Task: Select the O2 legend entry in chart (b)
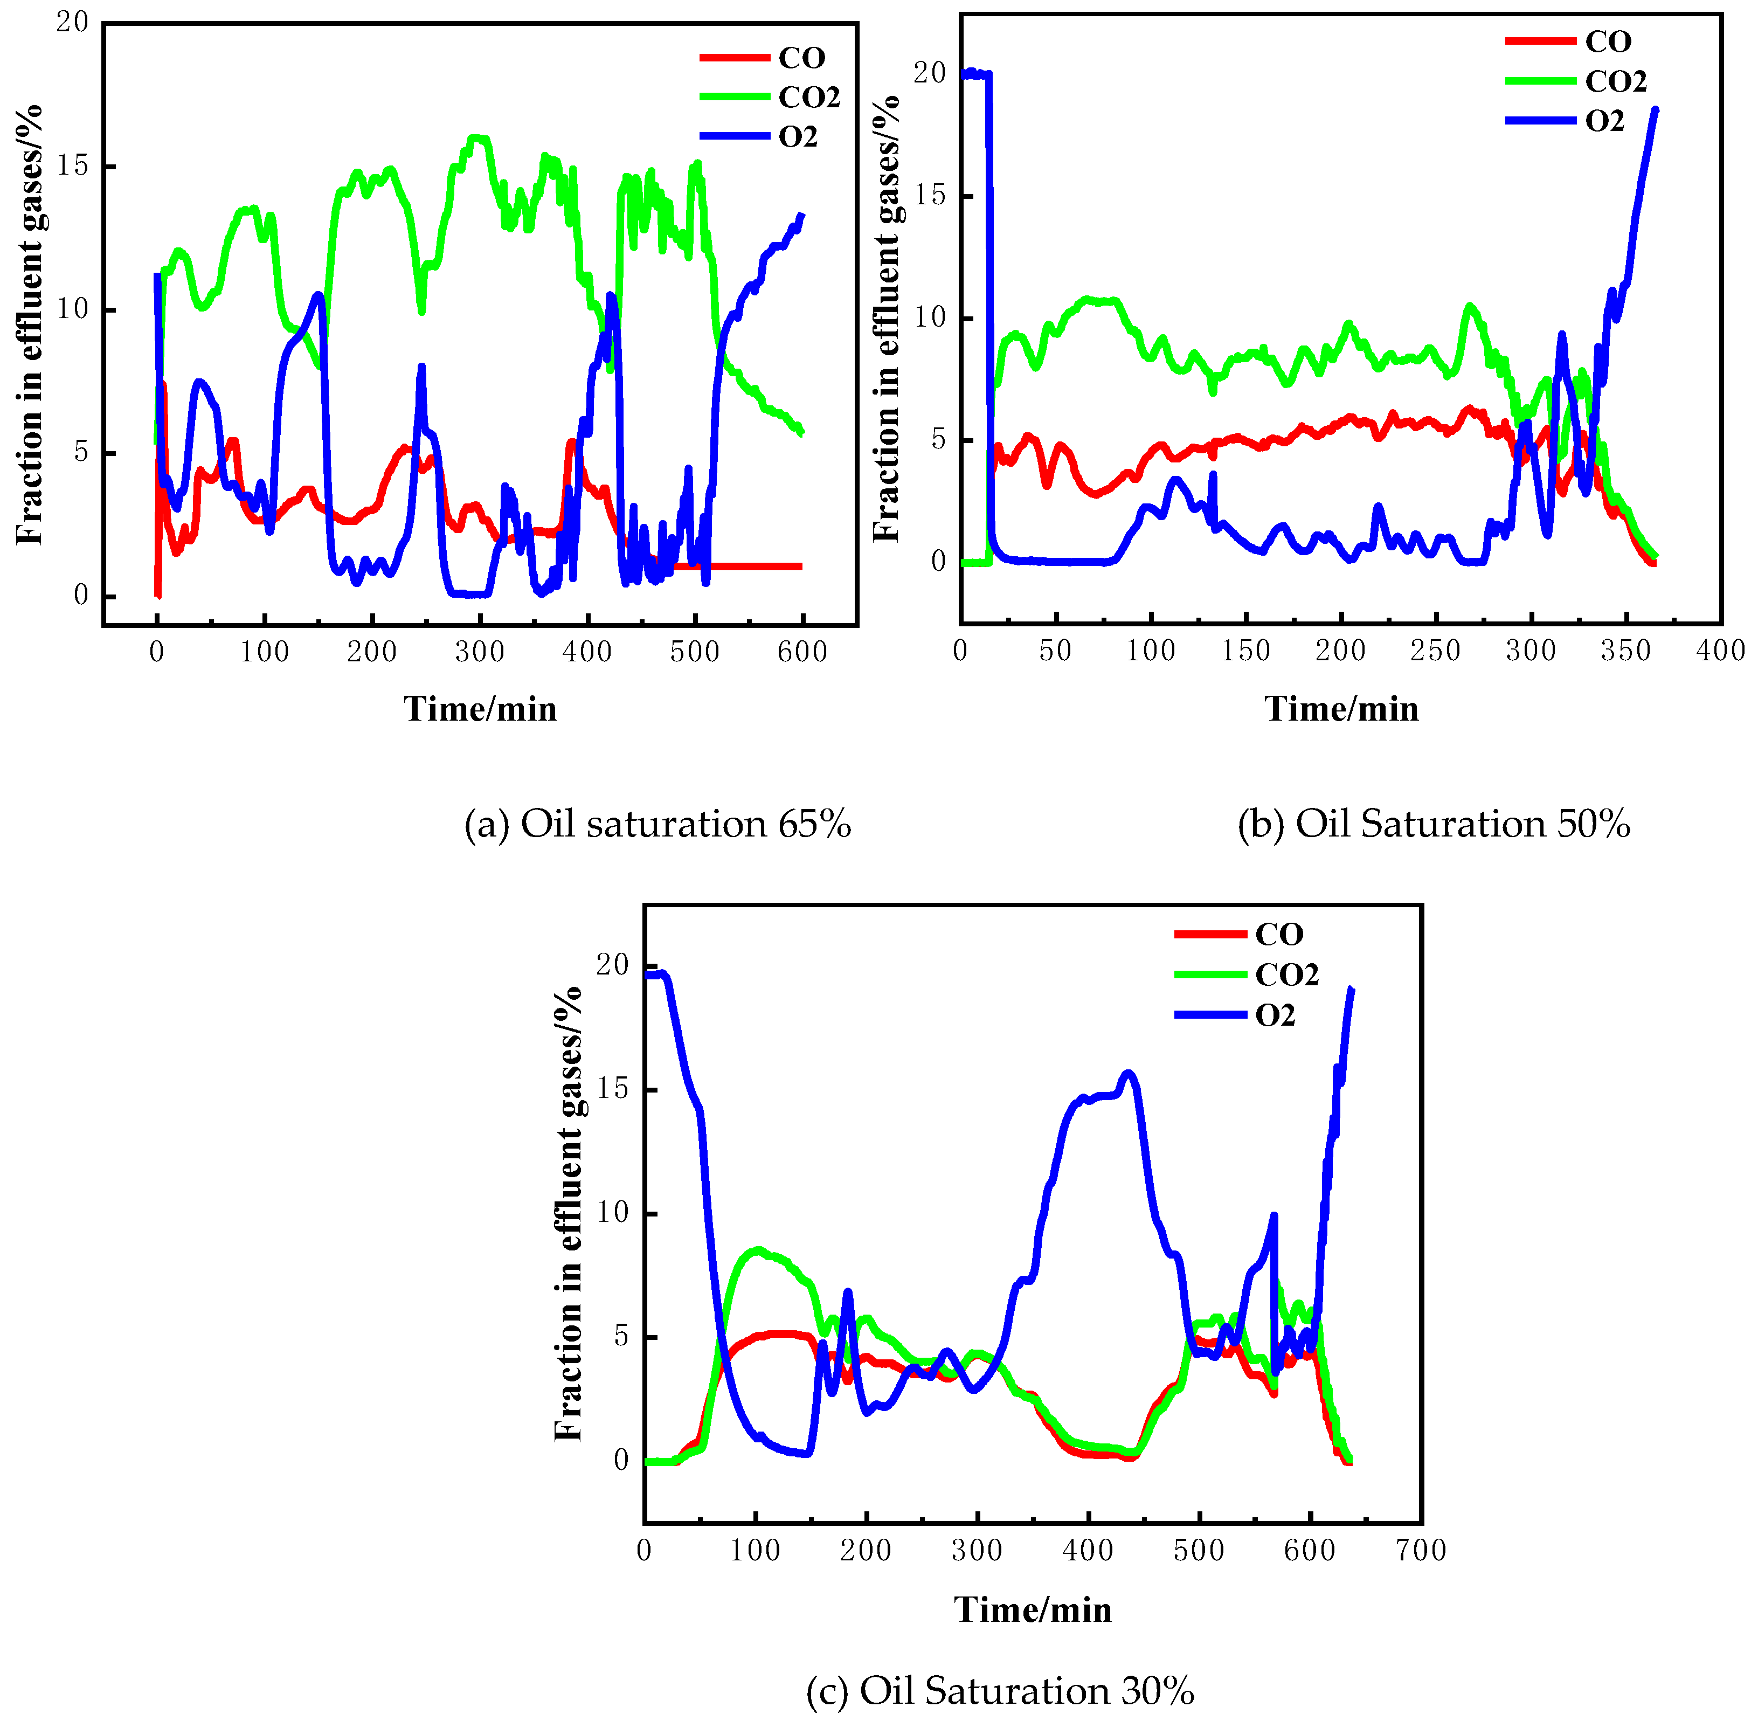(1604, 121)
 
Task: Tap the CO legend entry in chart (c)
(1278, 934)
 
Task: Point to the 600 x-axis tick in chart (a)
(802, 652)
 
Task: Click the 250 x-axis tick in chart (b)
(1435, 651)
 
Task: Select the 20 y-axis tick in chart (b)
(929, 73)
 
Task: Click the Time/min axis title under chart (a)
(480, 709)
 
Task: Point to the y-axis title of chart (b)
(886, 317)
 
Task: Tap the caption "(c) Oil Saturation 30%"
(999, 1691)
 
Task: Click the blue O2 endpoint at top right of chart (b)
(1655, 110)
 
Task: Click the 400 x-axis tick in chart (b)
(1720, 651)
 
